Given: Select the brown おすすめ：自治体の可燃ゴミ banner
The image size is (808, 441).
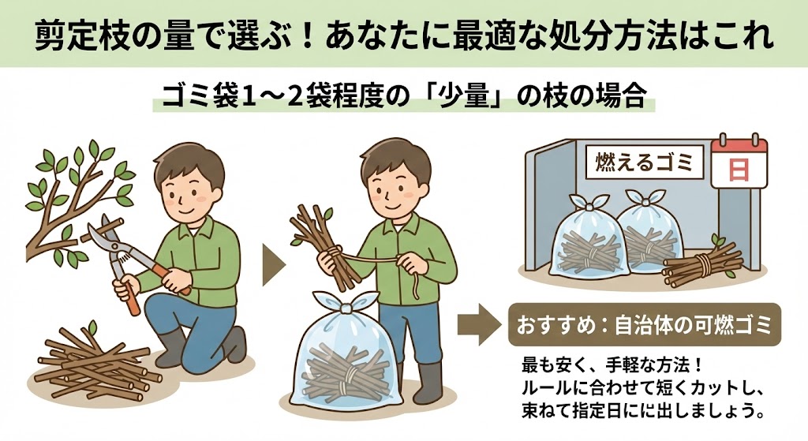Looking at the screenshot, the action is pyautogui.click(x=645, y=324).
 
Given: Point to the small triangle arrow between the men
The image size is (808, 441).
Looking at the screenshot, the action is pyautogui.click(x=273, y=265).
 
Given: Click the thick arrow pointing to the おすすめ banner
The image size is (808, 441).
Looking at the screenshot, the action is pyautogui.click(x=479, y=324).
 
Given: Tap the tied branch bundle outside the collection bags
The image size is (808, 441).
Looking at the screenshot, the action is pyautogui.click(x=702, y=263).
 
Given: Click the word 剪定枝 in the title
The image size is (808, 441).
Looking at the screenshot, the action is pyautogui.click(x=79, y=35).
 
